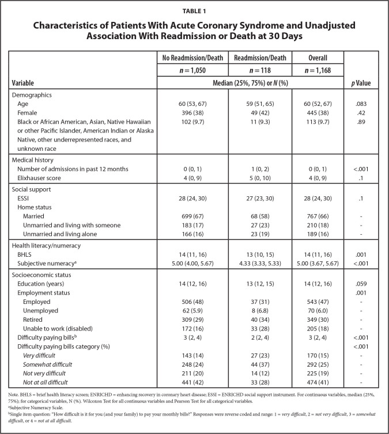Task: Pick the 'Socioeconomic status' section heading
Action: point(43,274)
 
